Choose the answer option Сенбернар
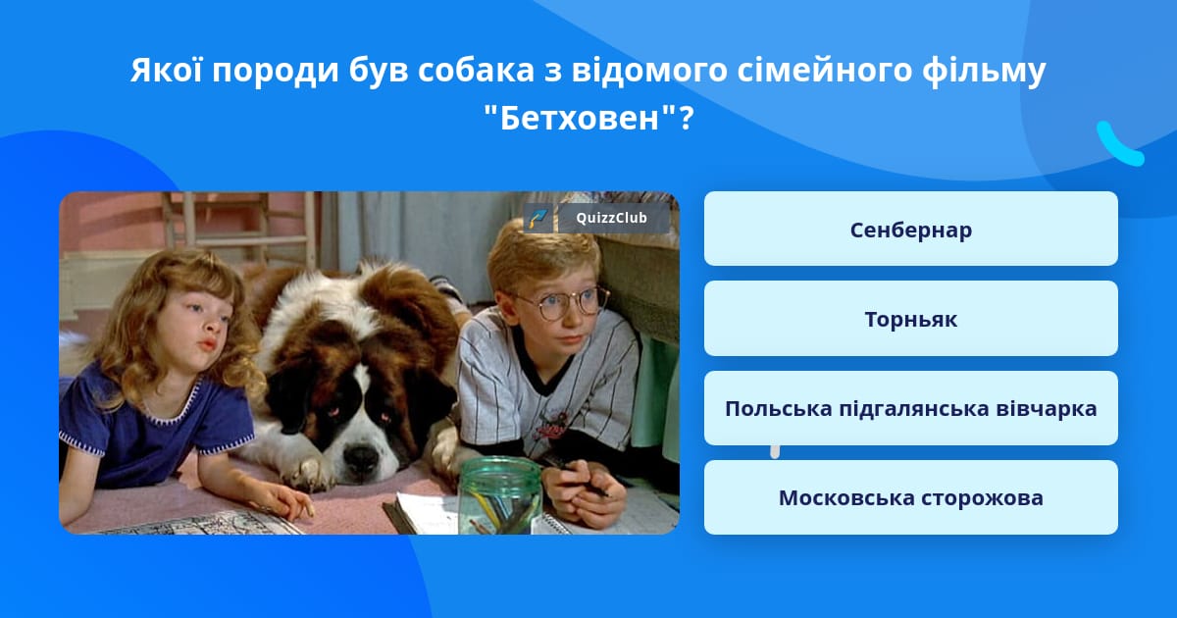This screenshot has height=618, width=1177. click(x=910, y=229)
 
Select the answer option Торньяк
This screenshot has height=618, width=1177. click(x=910, y=319)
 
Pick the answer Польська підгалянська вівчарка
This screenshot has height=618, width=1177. click(x=910, y=408)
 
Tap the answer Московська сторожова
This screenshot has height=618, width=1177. click(x=910, y=497)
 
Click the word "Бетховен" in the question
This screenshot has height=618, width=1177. click(x=580, y=118)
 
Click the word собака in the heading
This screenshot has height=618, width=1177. click(x=476, y=70)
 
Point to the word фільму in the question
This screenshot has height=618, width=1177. click(x=984, y=72)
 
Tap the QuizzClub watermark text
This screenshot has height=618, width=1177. click(x=611, y=218)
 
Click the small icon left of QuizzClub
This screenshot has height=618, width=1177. click(x=538, y=218)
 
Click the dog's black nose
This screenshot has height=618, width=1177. click(x=361, y=457)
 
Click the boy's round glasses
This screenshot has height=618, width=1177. click(x=566, y=304)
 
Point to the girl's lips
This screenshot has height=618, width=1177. click(x=208, y=344)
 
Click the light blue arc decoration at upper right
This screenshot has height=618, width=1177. click(x=1119, y=144)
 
